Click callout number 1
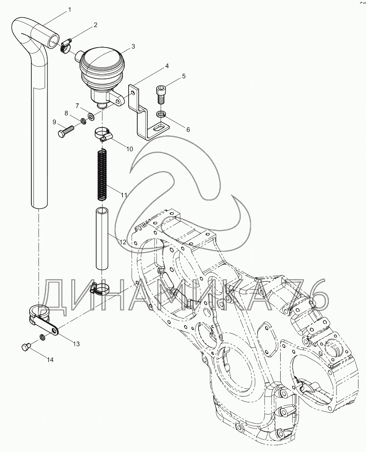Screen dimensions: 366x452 [x=70, y=10]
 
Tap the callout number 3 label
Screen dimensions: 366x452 [x=133, y=46]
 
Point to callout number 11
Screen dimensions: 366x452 [x=124, y=195]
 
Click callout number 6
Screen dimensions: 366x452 [x=188, y=129]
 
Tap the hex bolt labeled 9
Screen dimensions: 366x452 [x=66, y=131]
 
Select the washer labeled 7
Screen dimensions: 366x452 [x=91, y=116]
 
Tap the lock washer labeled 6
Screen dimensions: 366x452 [x=161, y=114]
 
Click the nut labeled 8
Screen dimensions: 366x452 [x=83, y=122]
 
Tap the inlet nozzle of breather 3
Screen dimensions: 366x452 [x=79, y=55]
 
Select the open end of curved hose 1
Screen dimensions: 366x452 [x=53, y=41]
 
